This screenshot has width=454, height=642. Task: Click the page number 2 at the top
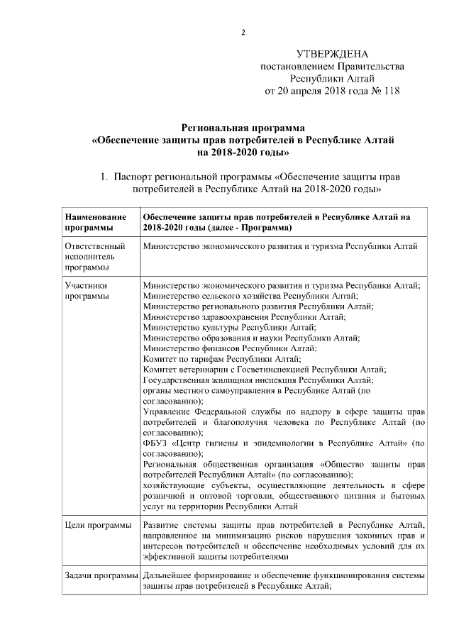(x=243, y=33)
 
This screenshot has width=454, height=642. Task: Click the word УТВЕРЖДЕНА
(x=333, y=55)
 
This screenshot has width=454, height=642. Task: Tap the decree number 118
(x=391, y=91)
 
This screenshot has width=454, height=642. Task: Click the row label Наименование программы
(x=96, y=222)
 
